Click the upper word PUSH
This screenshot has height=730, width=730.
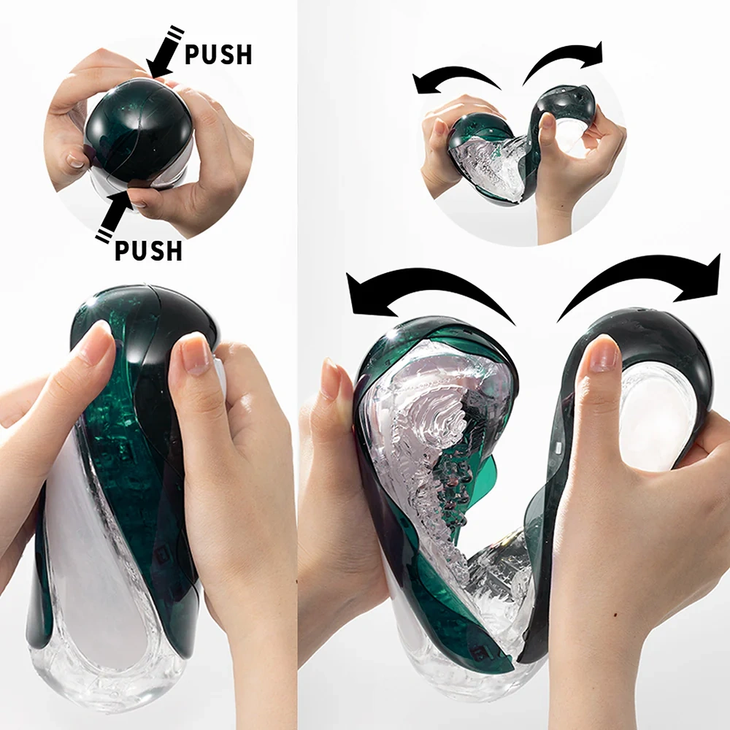point(218,55)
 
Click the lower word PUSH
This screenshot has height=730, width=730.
point(148,250)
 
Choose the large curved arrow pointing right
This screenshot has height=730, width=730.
point(642,281)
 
